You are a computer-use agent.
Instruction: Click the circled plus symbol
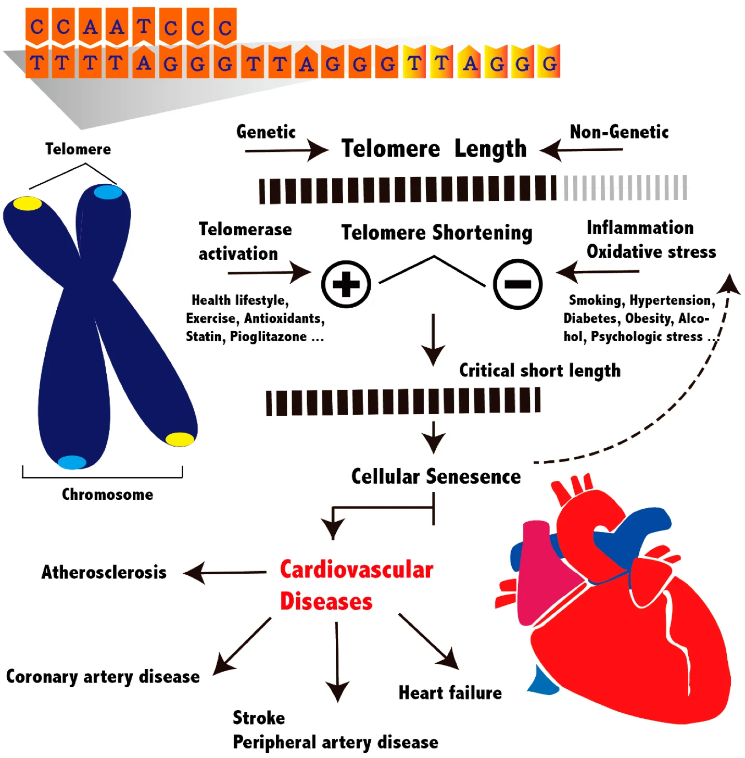tap(346, 284)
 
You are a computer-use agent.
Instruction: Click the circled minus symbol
tap(517, 284)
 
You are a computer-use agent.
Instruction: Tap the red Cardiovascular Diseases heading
tap(356, 585)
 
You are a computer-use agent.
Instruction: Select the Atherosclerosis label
tap(104, 572)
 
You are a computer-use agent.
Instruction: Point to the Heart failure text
tap(450, 693)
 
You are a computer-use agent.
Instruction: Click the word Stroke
tap(259, 718)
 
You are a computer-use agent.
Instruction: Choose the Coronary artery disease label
tap(103, 676)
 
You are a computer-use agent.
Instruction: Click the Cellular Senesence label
tap(436, 476)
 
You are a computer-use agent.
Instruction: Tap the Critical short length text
tap(539, 370)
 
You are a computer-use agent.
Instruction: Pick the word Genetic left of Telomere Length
tap(266, 132)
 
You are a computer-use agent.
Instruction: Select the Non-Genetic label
tap(619, 132)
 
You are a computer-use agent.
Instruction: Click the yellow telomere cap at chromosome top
tap(27, 203)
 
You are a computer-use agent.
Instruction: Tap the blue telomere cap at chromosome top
tap(108, 192)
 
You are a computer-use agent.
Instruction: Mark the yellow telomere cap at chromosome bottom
tap(180, 439)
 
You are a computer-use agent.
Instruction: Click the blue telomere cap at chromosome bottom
tap(72, 462)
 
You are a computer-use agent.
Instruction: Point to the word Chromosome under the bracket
tap(107, 494)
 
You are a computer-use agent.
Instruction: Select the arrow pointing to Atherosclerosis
tap(224, 573)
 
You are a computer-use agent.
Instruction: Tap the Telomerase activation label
tap(245, 241)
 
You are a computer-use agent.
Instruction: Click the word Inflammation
tap(640, 228)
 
